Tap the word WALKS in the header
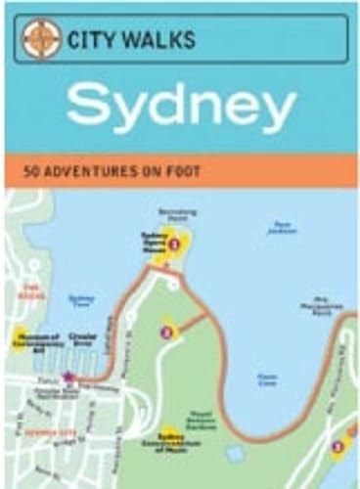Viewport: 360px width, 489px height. [159, 40]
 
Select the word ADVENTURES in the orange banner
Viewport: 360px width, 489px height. [99, 171]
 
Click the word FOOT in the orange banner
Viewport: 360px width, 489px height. [185, 171]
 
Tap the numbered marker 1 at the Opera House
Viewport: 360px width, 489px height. [174, 244]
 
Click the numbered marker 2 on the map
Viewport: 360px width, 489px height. [166, 333]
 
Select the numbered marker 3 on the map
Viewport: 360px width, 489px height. [337, 447]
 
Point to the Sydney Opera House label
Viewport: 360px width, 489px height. [152, 242]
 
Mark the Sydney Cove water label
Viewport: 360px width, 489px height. [82, 300]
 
